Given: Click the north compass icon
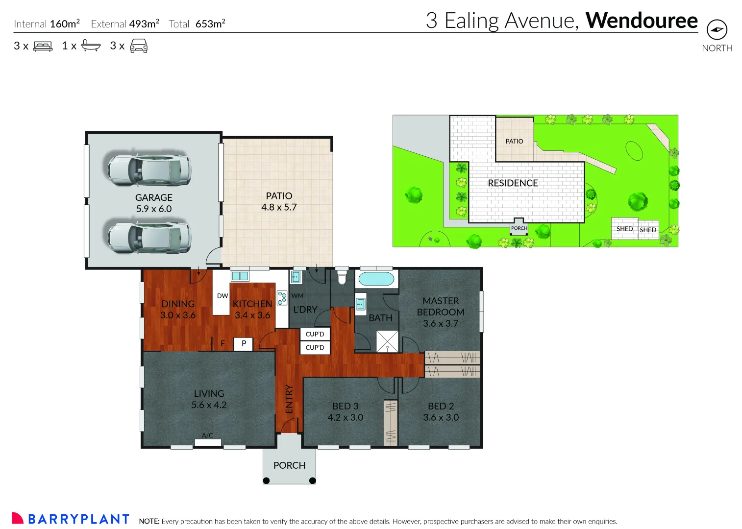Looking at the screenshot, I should click(x=717, y=30).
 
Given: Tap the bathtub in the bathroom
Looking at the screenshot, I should click(x=376, y=279).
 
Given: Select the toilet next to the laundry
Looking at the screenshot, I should click(x=342, y=276).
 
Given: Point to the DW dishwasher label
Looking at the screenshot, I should click(x=222, y=296).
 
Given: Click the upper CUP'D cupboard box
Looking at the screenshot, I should click(x=315, y=334).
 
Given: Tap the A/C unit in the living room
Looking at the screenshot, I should click(x=208, y=442).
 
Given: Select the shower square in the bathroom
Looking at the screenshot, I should click(x=387, y=341).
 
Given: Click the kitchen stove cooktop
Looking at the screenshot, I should click(x=282, y=298).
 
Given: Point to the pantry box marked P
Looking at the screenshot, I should click(x=244, y=344).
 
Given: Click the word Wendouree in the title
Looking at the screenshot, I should click(x=641, y=21).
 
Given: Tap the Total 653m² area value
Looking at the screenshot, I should click(x=210, y=24).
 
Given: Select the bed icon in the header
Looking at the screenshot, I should click(x=43, y=47).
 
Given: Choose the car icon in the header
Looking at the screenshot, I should click(x=139, y=46).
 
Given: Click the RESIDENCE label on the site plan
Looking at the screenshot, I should click(x=513, y=183).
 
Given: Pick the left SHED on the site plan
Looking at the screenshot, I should click(x=624, y=229).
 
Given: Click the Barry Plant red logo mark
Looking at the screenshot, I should click(x=18, y=518).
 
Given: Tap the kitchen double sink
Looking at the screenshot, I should click(x=240, y=276).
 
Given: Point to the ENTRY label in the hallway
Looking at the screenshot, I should click(x=289, y=399).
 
